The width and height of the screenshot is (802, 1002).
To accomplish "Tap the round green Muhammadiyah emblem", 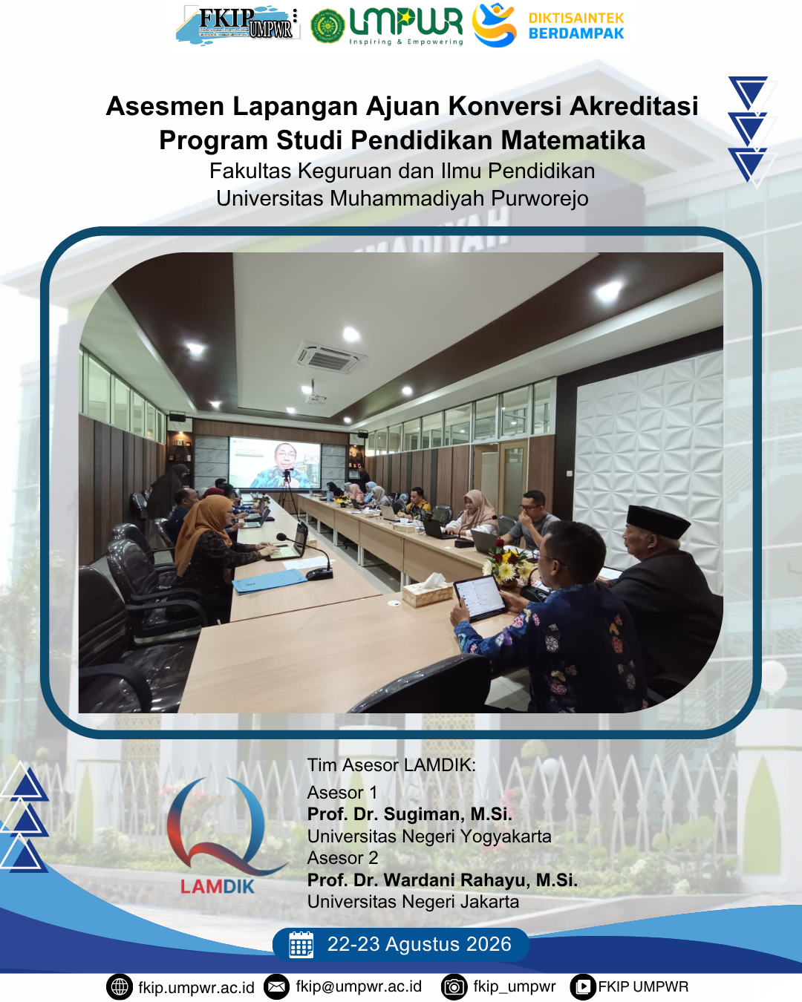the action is coord(327,26).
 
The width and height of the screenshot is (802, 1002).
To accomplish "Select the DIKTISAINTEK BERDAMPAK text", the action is coord(576,26).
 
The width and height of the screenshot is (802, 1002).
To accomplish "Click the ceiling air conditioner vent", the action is coord(330,357).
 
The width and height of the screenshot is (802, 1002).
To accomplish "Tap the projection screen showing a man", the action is coord(275,463).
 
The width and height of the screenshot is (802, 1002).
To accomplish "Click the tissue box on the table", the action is coord(427,591).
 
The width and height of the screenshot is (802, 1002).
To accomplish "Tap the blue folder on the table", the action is coord(270,581).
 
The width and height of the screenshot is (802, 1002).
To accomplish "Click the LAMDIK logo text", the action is coord(218,885).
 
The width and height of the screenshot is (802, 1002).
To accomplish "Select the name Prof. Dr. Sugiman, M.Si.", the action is coord(410,814).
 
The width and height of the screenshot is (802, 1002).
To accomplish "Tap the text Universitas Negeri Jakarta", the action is coord(413,902).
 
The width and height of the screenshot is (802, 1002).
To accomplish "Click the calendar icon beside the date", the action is coord(301,944).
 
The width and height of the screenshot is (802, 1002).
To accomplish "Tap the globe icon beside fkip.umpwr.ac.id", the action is coord(120,987).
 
